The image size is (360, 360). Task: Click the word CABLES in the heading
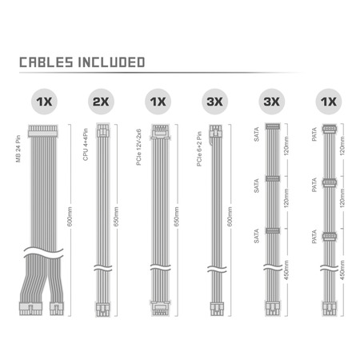pyautogui.click(x=46, y=62)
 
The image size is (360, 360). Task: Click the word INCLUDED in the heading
pyautogui.click(x=111, y=62)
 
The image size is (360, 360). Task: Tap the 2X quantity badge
pyautogui.click(x=101, y=102)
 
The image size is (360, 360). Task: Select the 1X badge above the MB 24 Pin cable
pyautogui.click(x=44, y=102)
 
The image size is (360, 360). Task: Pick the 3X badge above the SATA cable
pyautogui.click(x=272, y=102)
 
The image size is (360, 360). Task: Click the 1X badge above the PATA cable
pyautogui.click(x=329, y=102)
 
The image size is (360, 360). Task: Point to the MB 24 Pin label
pyautogui.click(x=18, y=149)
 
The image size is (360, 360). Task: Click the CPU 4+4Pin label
pyautogui.click(x=86, y=145)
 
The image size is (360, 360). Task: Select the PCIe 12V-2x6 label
pyautogui.click(x=138, y=147)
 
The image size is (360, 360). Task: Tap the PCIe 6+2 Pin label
pyautogui.click(x=199, y=149)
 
